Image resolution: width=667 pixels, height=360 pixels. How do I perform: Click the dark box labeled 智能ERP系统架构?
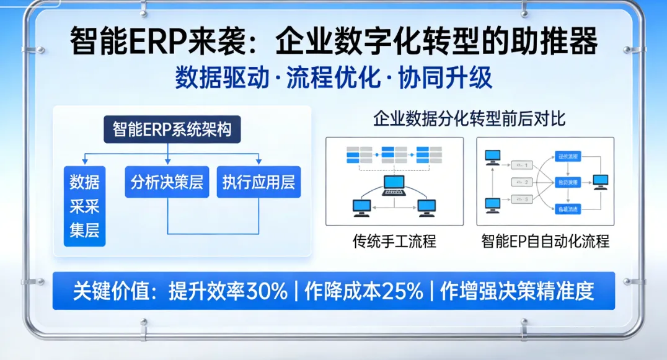coord(172,130)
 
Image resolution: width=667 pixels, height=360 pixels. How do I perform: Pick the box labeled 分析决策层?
coord(167,182)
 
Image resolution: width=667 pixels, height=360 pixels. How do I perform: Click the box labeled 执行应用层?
coord(258,182)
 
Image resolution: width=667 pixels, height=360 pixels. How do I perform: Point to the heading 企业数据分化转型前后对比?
coord(469,119)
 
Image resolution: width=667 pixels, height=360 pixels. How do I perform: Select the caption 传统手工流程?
coord(394,241)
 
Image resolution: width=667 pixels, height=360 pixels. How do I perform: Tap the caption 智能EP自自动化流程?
coord(545,241)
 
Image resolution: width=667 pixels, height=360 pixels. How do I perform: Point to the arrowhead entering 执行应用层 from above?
coord(258,163)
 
